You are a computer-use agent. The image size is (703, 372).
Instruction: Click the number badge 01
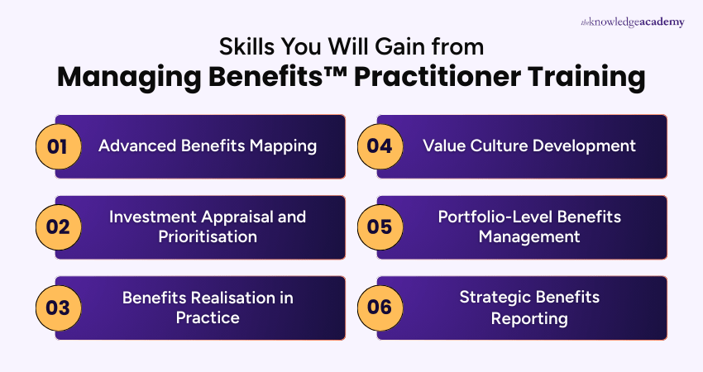click(57, 147)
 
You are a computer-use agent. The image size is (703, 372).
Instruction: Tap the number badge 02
click(57, 227)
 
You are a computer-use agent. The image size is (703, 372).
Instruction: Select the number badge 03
click(57, 307)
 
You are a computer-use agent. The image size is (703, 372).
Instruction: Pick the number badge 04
click(379, 147)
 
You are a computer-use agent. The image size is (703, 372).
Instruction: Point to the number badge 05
click(379, 227)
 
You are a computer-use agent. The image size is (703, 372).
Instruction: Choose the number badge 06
click(379, 307)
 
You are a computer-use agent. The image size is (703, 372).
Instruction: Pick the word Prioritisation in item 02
click(207, 236)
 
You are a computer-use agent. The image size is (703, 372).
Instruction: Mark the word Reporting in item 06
click(529, 317)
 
